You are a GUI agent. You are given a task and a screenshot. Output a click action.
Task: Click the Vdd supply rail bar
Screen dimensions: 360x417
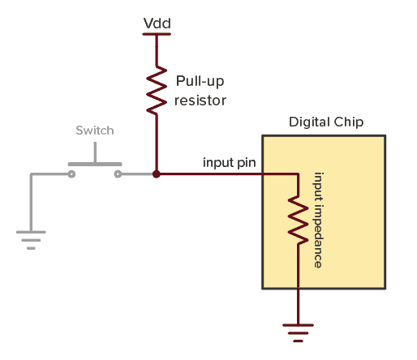coord(157,34)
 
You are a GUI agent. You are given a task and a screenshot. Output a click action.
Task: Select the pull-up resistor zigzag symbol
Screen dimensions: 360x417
coord(157,92)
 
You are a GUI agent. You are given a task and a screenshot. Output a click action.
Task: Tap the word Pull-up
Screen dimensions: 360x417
coord(200,82)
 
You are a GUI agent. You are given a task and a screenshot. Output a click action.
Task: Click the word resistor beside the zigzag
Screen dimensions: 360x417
coord(200,101)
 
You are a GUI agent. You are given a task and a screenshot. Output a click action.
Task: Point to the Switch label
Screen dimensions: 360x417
coord(95,130)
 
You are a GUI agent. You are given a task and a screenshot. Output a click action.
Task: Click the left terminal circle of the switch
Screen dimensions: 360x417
coord(72,174)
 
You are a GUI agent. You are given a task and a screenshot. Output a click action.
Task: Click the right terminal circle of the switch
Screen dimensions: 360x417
coord(118,174)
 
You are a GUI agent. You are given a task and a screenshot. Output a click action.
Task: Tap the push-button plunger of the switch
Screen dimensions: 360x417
coord(96,154)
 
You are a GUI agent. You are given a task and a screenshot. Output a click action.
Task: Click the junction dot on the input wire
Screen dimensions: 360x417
coord(157,174)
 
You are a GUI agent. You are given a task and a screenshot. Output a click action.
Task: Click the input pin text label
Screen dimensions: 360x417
coord(229,162)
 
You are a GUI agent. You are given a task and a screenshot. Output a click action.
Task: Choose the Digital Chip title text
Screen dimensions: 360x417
coord(326,122)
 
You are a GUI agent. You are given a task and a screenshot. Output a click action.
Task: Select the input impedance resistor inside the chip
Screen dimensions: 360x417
coord(299,221)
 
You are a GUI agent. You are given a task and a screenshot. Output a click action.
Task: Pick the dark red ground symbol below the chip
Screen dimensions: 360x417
coord(299,330)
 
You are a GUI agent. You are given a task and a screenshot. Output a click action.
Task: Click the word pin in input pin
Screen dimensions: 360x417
coord(247,162)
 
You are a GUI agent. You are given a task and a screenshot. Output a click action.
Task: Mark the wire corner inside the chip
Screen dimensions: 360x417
coord(299,174)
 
